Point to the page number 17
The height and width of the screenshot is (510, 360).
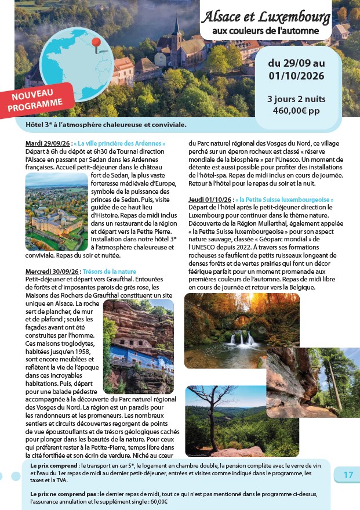tap(348, 475)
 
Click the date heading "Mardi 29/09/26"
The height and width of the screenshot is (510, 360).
tap(48, 143)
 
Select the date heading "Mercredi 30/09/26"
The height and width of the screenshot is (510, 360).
tap(53, 272)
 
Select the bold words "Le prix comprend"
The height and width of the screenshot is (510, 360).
tap(54, 466)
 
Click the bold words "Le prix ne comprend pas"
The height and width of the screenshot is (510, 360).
tap(64, 493)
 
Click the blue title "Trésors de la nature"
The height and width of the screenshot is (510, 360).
tap(109, 272)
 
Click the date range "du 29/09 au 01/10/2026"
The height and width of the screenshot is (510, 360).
tap(296, 69)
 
